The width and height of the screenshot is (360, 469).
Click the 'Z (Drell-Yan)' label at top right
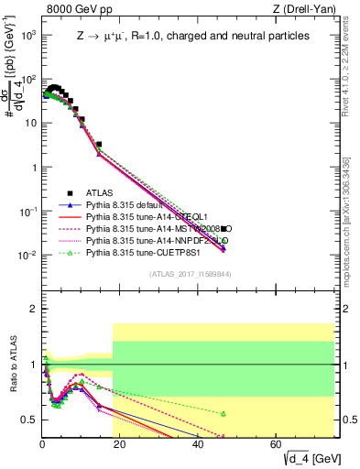307,9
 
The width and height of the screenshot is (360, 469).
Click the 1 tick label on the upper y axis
32,167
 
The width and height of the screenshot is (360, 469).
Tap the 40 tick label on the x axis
198,443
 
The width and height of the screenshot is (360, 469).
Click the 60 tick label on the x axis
276,443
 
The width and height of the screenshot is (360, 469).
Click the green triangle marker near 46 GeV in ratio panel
223,413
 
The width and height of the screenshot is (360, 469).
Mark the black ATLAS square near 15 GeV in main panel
99,144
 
